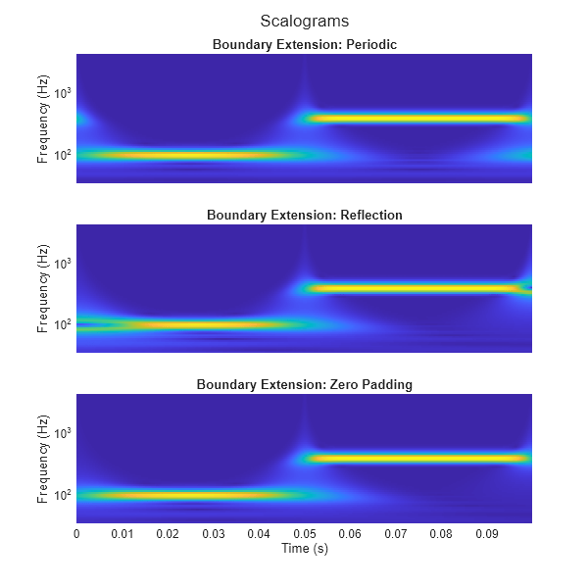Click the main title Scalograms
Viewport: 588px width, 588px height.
pos(304,21)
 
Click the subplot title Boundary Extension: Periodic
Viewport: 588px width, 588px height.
pos(304,44)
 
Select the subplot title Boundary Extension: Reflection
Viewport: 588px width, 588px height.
pos(304,215)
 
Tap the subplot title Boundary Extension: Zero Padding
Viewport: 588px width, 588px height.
pos(304,384)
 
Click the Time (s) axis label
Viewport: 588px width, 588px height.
pos(304,549)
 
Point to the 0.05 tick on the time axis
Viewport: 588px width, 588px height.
pos(305,534)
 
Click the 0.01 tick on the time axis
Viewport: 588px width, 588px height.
pos(122,534)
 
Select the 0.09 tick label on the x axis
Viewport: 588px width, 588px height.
pos(487,534)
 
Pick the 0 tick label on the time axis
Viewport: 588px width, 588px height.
pos(76,534)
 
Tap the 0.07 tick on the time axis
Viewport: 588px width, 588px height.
pos(396,534)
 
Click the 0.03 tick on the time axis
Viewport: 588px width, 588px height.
pos(213,534)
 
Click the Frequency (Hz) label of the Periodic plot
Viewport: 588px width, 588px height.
pos(43,118)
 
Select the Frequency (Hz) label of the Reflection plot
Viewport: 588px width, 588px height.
pos(43,288)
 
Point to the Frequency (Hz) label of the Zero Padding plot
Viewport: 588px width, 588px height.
pos(43,458)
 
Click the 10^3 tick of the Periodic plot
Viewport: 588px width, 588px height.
pos(63,93)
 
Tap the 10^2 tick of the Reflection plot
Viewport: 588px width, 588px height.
pos(63,324)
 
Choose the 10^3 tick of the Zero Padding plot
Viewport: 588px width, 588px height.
pos(63,433)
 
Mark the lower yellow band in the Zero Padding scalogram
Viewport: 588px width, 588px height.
pos(186,495)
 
